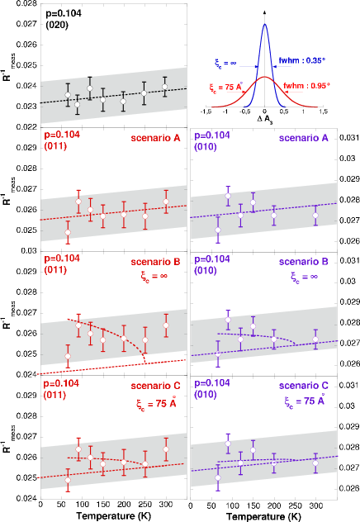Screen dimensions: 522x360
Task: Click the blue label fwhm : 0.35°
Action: click(x=301, y=60)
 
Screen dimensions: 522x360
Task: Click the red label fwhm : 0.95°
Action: click(x=306, y=86)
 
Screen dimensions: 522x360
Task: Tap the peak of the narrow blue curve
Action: click(x=265, y=25)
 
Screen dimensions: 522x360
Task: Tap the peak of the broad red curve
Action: click(x=265, y=78)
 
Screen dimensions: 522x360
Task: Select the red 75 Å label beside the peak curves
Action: click(x=223, y=85)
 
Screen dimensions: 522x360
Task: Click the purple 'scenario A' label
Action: click(x=303, y=138)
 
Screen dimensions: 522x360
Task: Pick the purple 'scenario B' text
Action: click(x=303, y=262)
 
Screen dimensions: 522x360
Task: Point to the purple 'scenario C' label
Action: click(x=303, y=386)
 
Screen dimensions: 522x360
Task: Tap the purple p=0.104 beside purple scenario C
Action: click(x=211, y=382)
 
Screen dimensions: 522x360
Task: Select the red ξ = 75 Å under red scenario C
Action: click(x=154, y=404)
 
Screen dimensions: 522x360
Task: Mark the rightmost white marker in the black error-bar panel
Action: click(x=164, y=86)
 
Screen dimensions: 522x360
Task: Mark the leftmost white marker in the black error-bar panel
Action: click(x=68, y=96)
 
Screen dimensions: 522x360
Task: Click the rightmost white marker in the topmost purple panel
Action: click(x=315, y=215)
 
